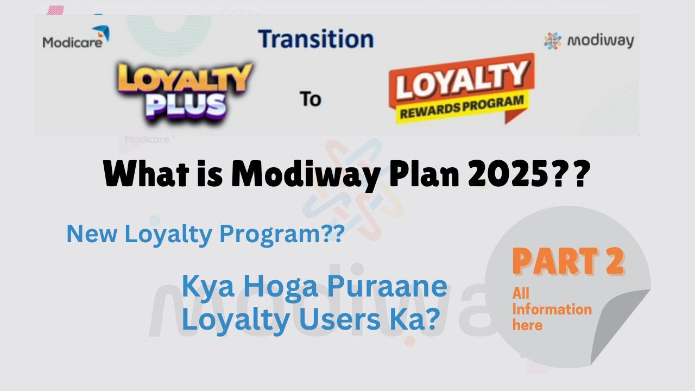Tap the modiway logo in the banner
[x=589, y=41]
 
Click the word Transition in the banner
[x=315, y=39]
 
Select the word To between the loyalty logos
[x=311, y=99]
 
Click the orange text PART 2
[x=568, y=261]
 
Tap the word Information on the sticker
[x=552, y=310]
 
